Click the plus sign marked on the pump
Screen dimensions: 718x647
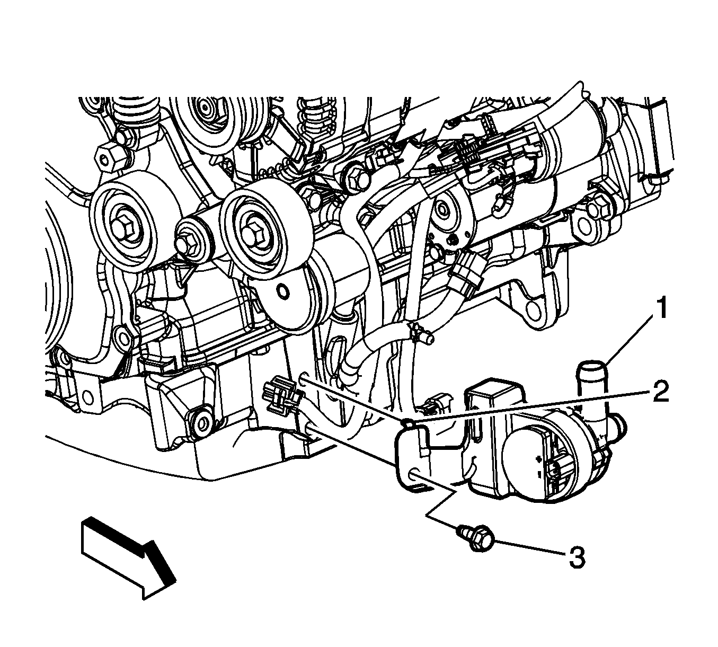tap(538, 459)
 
